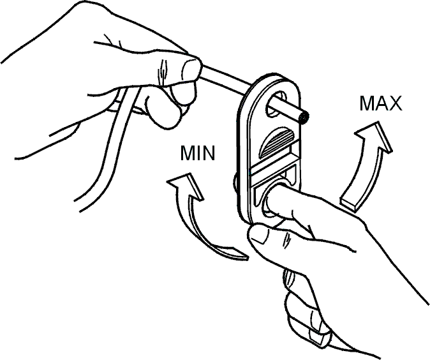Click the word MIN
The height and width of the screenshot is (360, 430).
[x=197, y=153]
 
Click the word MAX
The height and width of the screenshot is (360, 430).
[x=381, y=103]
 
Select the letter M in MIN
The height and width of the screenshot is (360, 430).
[x=187, y=153]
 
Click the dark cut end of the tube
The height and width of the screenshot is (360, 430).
[x=304, y=119]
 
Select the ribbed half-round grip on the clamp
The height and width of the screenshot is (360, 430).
[x=276, y=142]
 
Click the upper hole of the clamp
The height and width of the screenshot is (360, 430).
[x=276, y=103]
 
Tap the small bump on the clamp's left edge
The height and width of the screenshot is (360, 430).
[x=235, y=182]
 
